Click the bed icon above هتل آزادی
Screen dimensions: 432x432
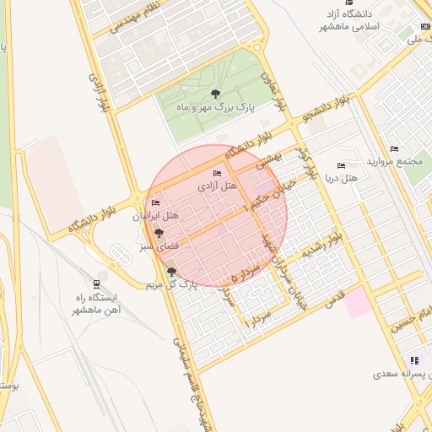coord(218,173)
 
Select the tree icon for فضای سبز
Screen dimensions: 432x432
coord(158,233)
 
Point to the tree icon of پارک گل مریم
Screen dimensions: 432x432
coord(172,272)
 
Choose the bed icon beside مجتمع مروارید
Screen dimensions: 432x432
coord(394,149)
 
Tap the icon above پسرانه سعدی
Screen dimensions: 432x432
coord(414,359)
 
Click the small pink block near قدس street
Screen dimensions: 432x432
coord(358,302)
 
